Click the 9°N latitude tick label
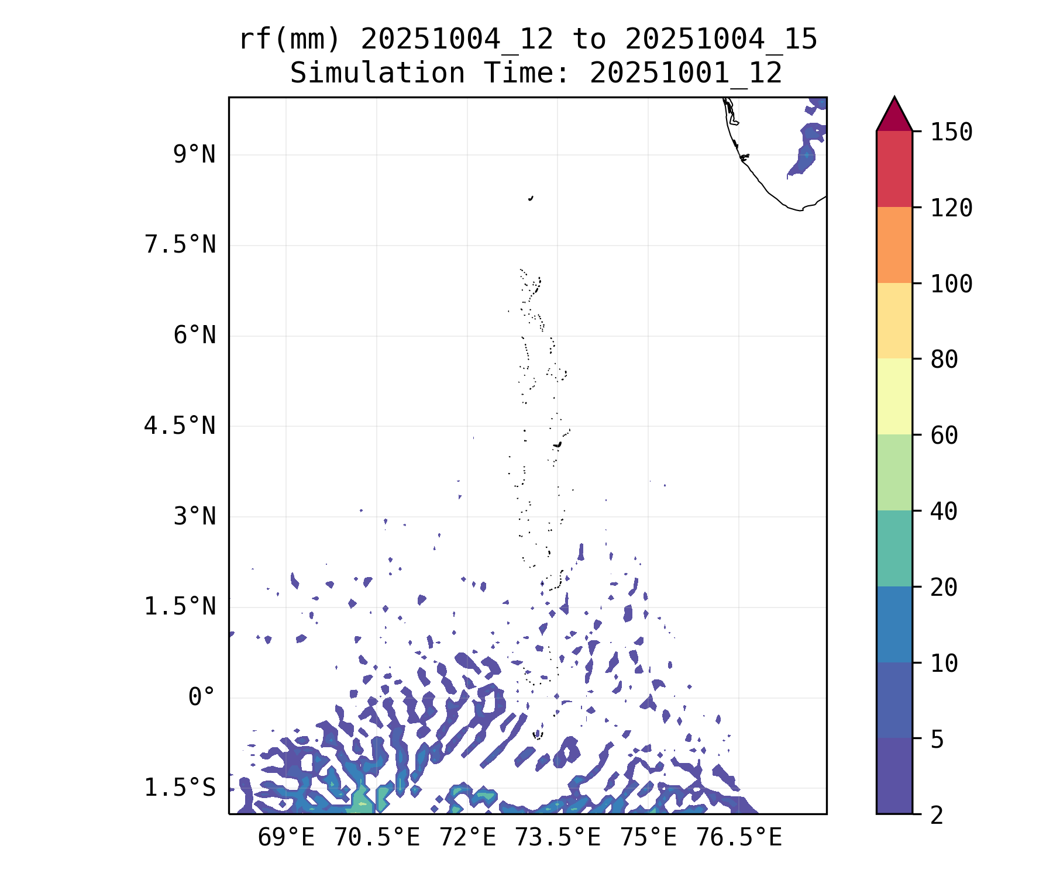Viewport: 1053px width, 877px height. coord(194,155)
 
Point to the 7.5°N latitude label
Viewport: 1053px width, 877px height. coord(180,245)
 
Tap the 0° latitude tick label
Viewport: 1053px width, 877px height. coord(202,697)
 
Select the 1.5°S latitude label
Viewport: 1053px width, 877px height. coord(180,788)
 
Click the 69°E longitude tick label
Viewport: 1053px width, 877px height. coord(286,837)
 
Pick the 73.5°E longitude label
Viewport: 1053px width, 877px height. coord(558,837)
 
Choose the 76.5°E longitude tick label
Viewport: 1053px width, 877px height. coord(738,837)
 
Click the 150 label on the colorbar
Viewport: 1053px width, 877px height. coord(951,132)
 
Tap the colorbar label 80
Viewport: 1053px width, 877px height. coord(944,359)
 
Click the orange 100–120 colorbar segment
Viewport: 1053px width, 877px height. coord(894,245)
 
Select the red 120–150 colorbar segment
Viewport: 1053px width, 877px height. coord(894,169)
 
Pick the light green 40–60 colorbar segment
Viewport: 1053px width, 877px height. coord(894,472)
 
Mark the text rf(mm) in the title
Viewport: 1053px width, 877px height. coord(290,40)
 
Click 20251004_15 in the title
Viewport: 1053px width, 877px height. coord(721,40)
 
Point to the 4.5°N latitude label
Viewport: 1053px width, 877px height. coord(180,426)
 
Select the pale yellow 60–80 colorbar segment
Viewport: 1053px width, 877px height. coord(894,396)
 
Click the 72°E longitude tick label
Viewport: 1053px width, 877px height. coord(467,837)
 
